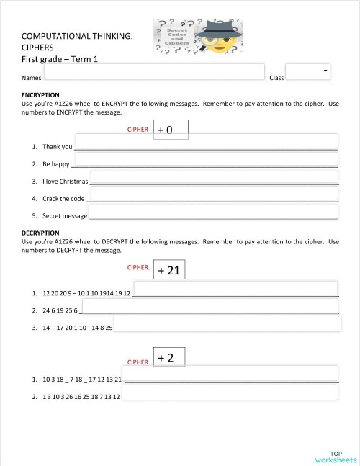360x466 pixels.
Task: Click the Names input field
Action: (155, 72)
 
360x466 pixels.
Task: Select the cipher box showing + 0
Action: (171, 130)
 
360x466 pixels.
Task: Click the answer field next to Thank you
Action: (206, 141)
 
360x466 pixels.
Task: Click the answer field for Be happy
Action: (206, 158)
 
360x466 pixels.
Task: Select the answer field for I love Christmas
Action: (214, 176)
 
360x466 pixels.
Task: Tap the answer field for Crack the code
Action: (214, 194)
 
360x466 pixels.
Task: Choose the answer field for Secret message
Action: (214, 212)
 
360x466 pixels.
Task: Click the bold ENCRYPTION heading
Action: (40, 95)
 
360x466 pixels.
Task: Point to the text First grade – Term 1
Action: (60, 58)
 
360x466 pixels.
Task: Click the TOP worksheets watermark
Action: (335, 456)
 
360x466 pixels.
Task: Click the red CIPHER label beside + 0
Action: (137, 130)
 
